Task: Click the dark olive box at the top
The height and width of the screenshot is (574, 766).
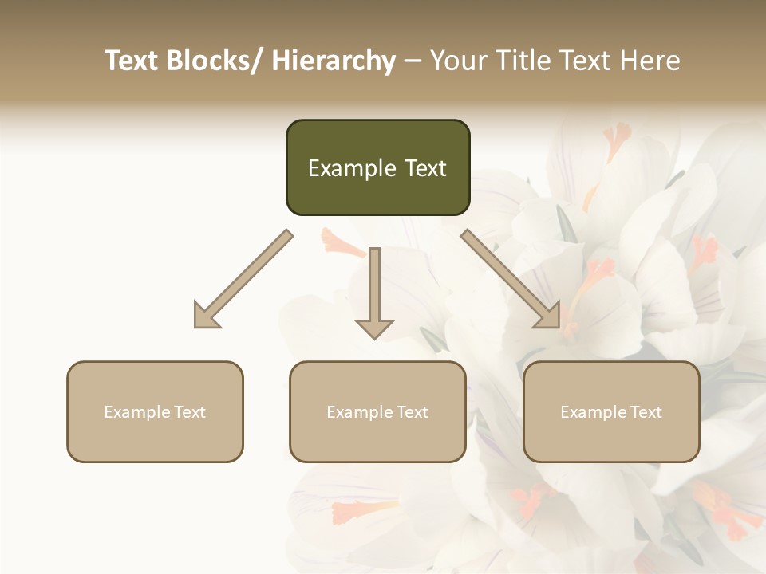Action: pos(377,167)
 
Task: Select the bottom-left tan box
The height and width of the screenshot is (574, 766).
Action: pos(155,411)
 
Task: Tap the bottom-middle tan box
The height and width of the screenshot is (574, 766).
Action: pos(377,411)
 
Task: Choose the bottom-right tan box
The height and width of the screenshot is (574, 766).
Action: pos(611,411)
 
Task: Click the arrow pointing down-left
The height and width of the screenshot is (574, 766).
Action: pos(243,280)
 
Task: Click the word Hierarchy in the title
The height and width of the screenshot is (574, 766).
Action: pos(334,61)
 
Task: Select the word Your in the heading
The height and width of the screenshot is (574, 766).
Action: pos(456,61)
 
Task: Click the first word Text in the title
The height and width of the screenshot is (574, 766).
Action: pos(132,61)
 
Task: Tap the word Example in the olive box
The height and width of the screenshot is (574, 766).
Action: pos(351,168)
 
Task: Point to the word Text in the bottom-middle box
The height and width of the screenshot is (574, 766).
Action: pos(411,412)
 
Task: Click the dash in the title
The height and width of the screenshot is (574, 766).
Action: pos(413,61)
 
